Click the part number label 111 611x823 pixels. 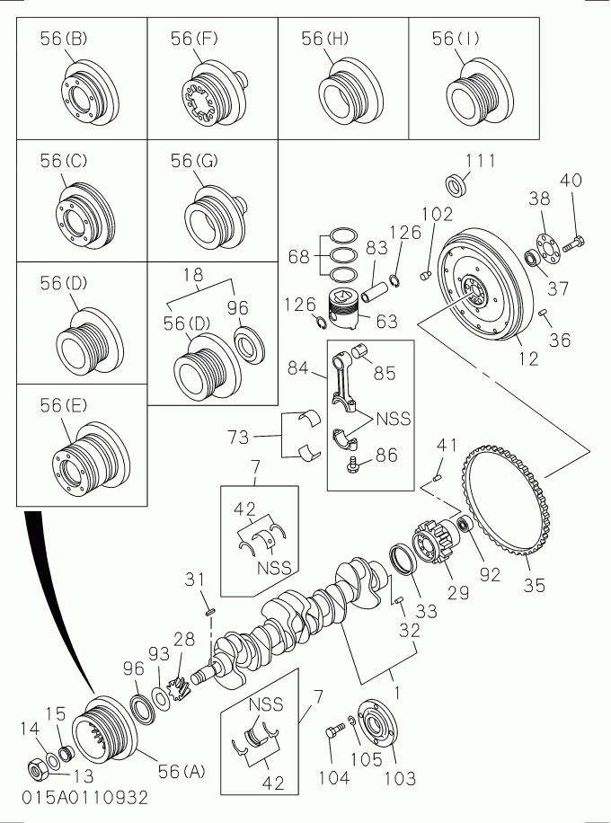(x=480, y=162)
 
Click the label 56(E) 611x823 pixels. (x=63, y=406)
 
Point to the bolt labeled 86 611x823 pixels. (x=354, y=463)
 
